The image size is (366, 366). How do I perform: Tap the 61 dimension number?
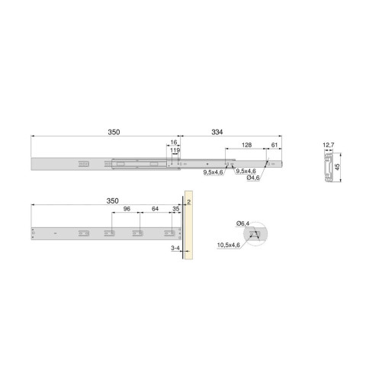(x=273, y=143)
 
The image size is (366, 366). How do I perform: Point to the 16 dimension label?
(x=174, y=143)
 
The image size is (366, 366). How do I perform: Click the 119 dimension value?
(x=176, y=151)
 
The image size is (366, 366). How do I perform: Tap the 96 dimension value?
(x=127, y=207)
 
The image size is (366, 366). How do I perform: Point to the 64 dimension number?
(x=155, y=207)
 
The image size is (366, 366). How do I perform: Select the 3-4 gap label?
(x=175, y=249)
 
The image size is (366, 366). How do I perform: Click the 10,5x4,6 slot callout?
(x=229, y=246)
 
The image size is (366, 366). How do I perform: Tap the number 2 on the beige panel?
(x=188, y=201)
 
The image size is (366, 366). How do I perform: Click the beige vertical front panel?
(x=188, y=229)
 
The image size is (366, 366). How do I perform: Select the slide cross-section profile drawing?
(x=326, y=166)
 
